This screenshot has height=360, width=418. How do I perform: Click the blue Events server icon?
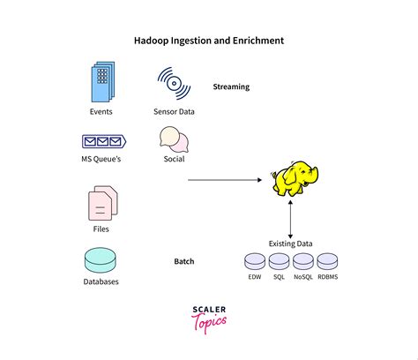(x=103, y=81)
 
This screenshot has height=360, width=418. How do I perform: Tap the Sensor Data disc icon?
(x=174, y=83)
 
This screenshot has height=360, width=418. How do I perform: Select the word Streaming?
(x=231, y=86)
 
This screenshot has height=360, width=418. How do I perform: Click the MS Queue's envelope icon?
(x=104, y=141)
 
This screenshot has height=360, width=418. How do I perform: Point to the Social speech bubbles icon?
(x=174, y=139)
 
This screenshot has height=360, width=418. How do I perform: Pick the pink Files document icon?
(x=103, y=203)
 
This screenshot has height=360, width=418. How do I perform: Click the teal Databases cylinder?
(x=101, y=260)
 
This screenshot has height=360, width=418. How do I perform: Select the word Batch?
(x=184, y=261)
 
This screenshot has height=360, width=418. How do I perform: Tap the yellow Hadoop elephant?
(x=295, y=178)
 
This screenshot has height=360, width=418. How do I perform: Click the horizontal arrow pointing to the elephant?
(x=225, y=180)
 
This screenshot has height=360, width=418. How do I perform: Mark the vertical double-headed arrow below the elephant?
(x=290, y=220)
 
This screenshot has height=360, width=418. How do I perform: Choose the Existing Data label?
(x=290, y=244)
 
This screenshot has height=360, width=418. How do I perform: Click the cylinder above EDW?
(x=255, y=261)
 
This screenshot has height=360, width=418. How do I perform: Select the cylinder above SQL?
(x=279, y=261)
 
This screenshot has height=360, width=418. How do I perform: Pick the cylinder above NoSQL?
(x=303, y=261)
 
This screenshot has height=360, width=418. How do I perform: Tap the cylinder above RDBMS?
(x=327, y=261)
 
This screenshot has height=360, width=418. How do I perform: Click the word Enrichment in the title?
(x=258, y=41)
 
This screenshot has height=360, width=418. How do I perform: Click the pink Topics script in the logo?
(x=209, y=323)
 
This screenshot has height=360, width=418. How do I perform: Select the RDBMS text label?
(x=328, y=277)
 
